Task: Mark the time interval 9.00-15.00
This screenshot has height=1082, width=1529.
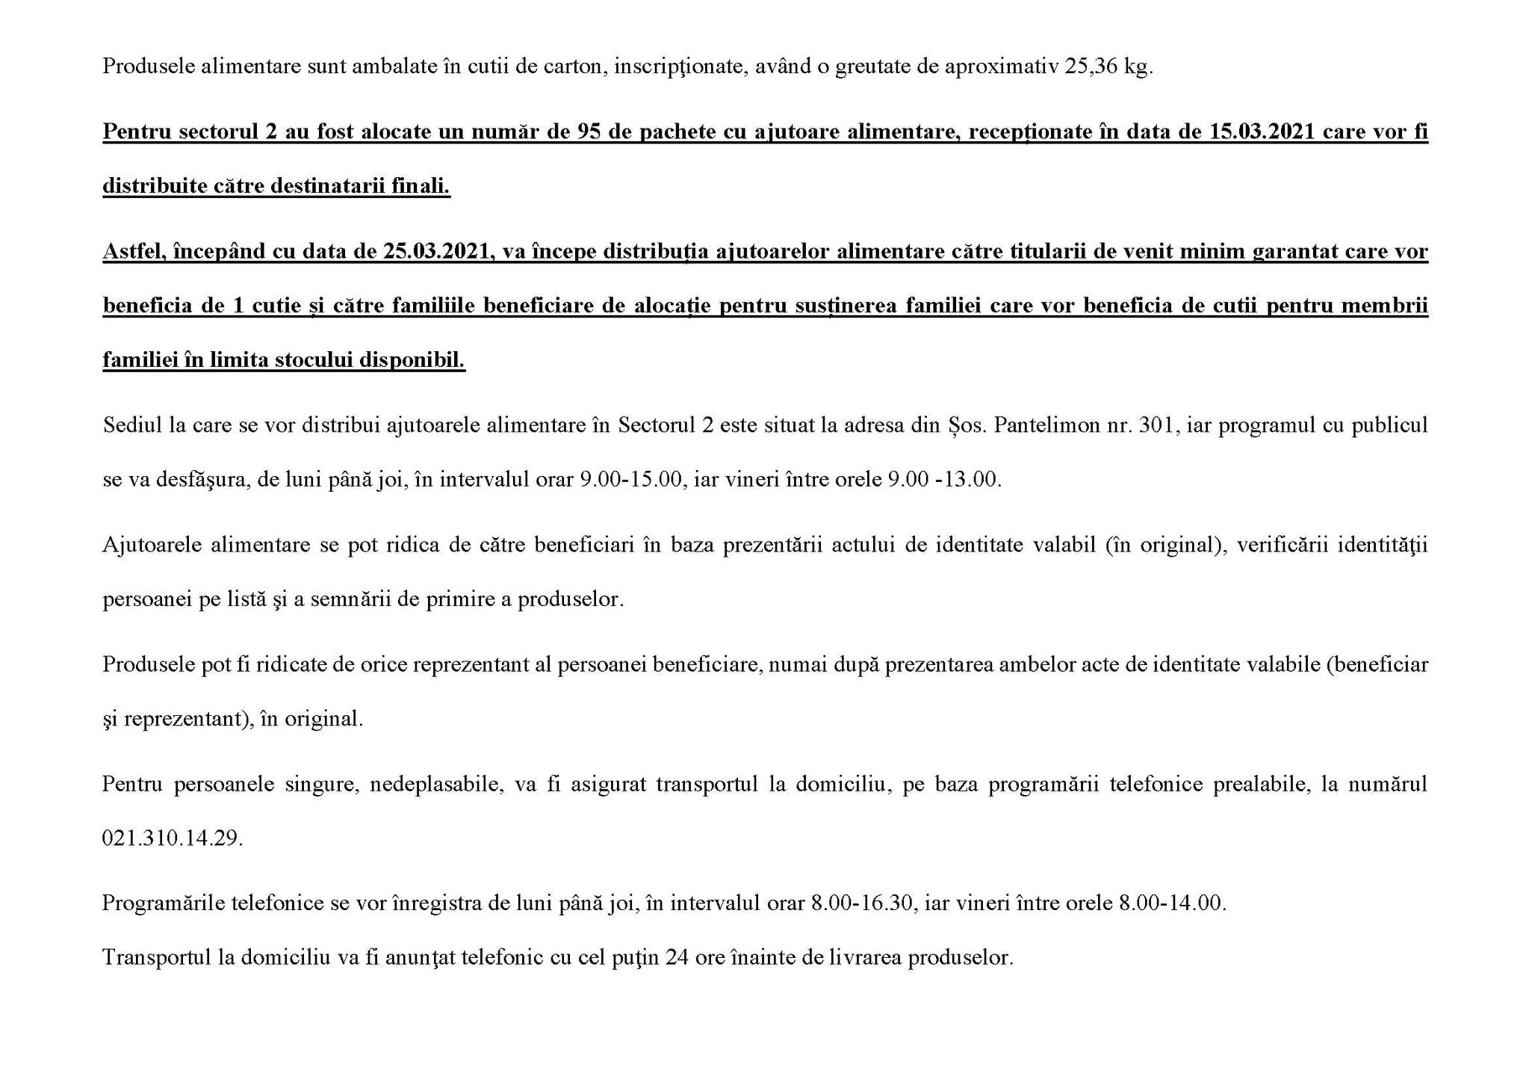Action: click(x=632, y=480)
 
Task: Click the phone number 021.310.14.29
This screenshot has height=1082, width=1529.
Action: click(x=173, y=838)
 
